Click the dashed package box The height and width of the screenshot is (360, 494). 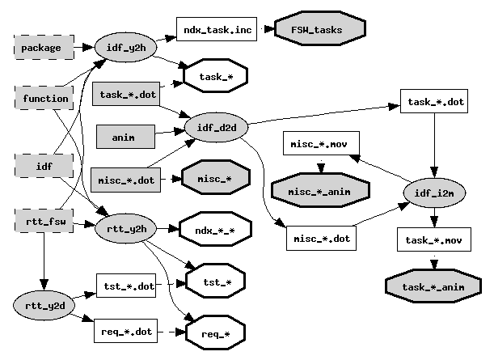pyautogui.click(x=41, y=48)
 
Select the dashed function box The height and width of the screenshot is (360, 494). pyautogui.click(x=45, y=99)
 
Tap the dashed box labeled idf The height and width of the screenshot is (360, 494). pyautogui.click(x=45, y=167)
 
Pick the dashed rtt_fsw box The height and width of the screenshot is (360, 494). pyautogui.click(x=45, y=222)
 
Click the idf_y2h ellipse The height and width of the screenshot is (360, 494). pyautogui.click(x=125, y=48)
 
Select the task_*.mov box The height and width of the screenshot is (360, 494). pyautogui.click(x=434, y=240)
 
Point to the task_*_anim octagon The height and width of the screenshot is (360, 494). pyautogui.click(x=434, y=286)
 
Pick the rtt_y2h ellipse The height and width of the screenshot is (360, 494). pyautogui.click(x=125, y=230)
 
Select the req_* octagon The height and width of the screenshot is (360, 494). pyautogui.click(x=215, y=332)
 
